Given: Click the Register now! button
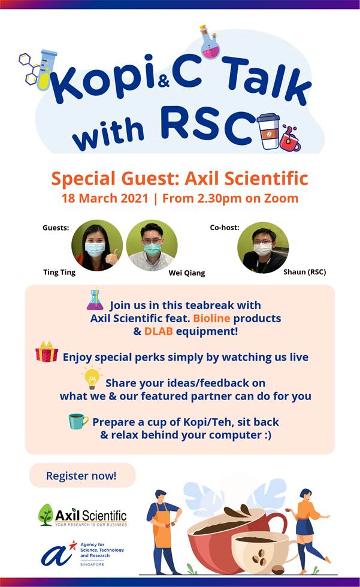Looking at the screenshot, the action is (82, 476).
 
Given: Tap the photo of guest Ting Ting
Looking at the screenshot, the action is (97, 245).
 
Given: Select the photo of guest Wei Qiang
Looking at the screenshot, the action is (152, 245).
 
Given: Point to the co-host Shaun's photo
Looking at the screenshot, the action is (263, 247).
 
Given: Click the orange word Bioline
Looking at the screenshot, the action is (211, 318).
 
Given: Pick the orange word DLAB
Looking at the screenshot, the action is (158, 331).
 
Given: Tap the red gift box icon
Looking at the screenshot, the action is (46, 352).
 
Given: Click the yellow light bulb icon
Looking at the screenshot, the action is (92, 379).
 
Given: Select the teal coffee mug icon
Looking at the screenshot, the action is (78, 421).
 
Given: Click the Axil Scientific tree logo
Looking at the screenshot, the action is (46, 515).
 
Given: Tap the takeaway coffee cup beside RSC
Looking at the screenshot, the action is (268, 131).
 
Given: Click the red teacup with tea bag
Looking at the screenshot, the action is (291, 139).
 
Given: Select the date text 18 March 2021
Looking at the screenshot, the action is (105, 198).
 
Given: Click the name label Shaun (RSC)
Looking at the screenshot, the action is (305, 272).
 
